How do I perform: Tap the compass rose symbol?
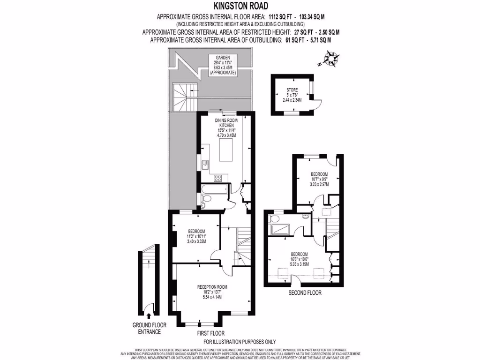(x=333, y=60)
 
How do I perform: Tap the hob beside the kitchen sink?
(x=218, y=178)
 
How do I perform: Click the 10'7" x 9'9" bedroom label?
(x=319, y=179)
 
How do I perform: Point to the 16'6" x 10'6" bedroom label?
(x=299, y=258)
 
